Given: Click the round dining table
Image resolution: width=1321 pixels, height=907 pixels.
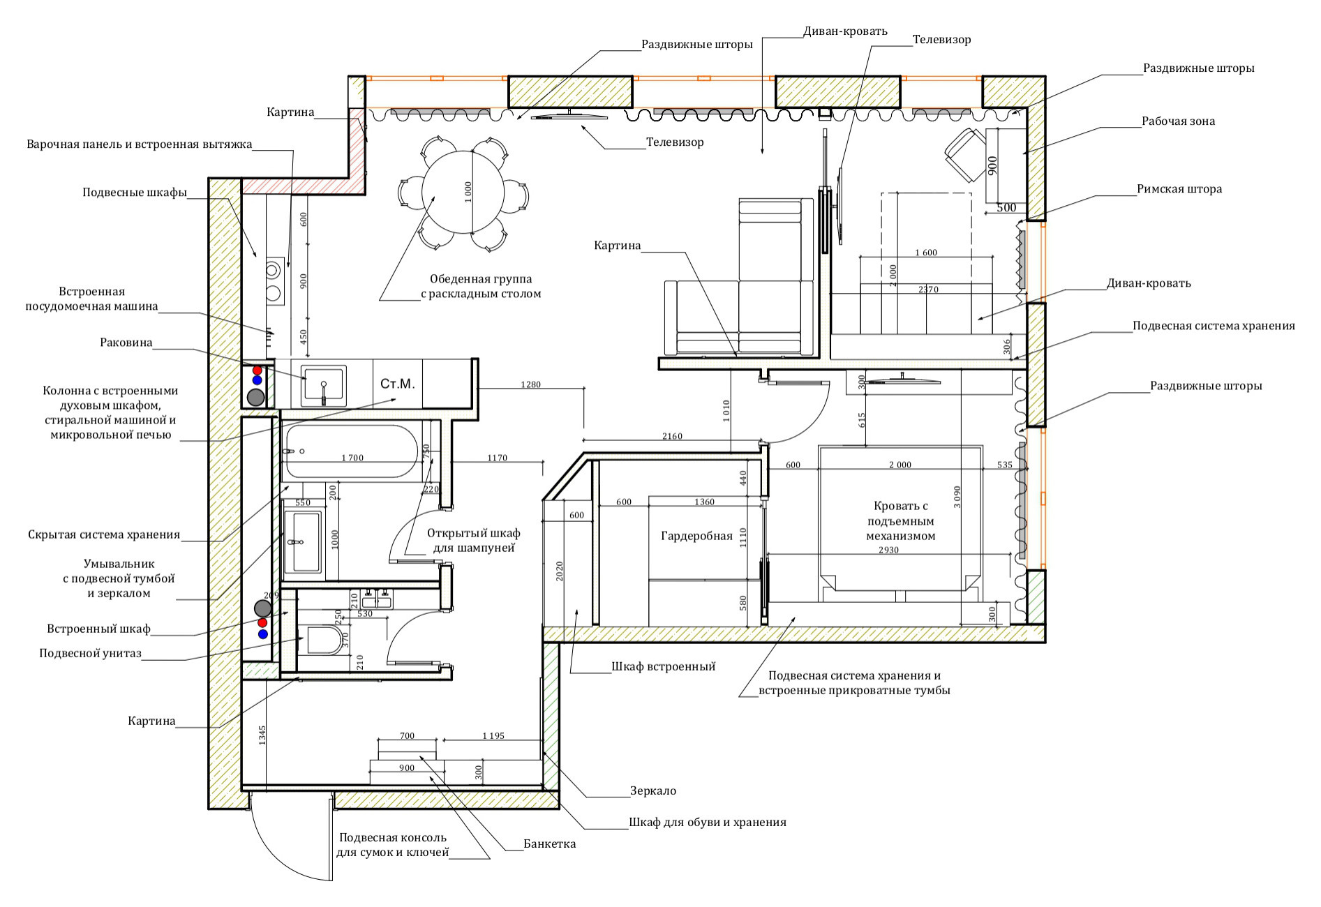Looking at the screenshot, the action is click(463, 193).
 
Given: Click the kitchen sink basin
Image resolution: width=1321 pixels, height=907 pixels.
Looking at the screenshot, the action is click(322, 386).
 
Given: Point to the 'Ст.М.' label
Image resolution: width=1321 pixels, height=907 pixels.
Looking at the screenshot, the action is click(398, 384).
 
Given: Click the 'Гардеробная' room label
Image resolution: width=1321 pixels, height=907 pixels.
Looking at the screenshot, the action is click(696, 536).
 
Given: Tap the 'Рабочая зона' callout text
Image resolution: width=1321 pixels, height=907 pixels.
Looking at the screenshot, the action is click(1178, 121).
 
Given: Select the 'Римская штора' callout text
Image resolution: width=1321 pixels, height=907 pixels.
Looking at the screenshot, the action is click(1179, 188).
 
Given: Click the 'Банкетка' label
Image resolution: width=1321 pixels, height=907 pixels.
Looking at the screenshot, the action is click(550, 844).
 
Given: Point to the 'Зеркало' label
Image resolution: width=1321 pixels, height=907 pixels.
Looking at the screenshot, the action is click(652, 790).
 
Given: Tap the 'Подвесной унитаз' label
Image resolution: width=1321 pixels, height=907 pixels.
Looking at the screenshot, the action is click(90, 653).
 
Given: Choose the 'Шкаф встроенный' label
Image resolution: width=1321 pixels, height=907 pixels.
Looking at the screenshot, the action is click(663, 666).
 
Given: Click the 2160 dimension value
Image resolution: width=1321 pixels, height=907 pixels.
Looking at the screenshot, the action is click(671, 436).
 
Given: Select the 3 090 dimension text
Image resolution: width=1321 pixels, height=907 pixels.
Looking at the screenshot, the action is click(957, 496).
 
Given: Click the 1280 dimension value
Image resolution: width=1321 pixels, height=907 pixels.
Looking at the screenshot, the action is click(530, 384).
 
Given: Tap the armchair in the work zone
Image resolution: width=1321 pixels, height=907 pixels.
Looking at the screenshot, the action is click(965, 153).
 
